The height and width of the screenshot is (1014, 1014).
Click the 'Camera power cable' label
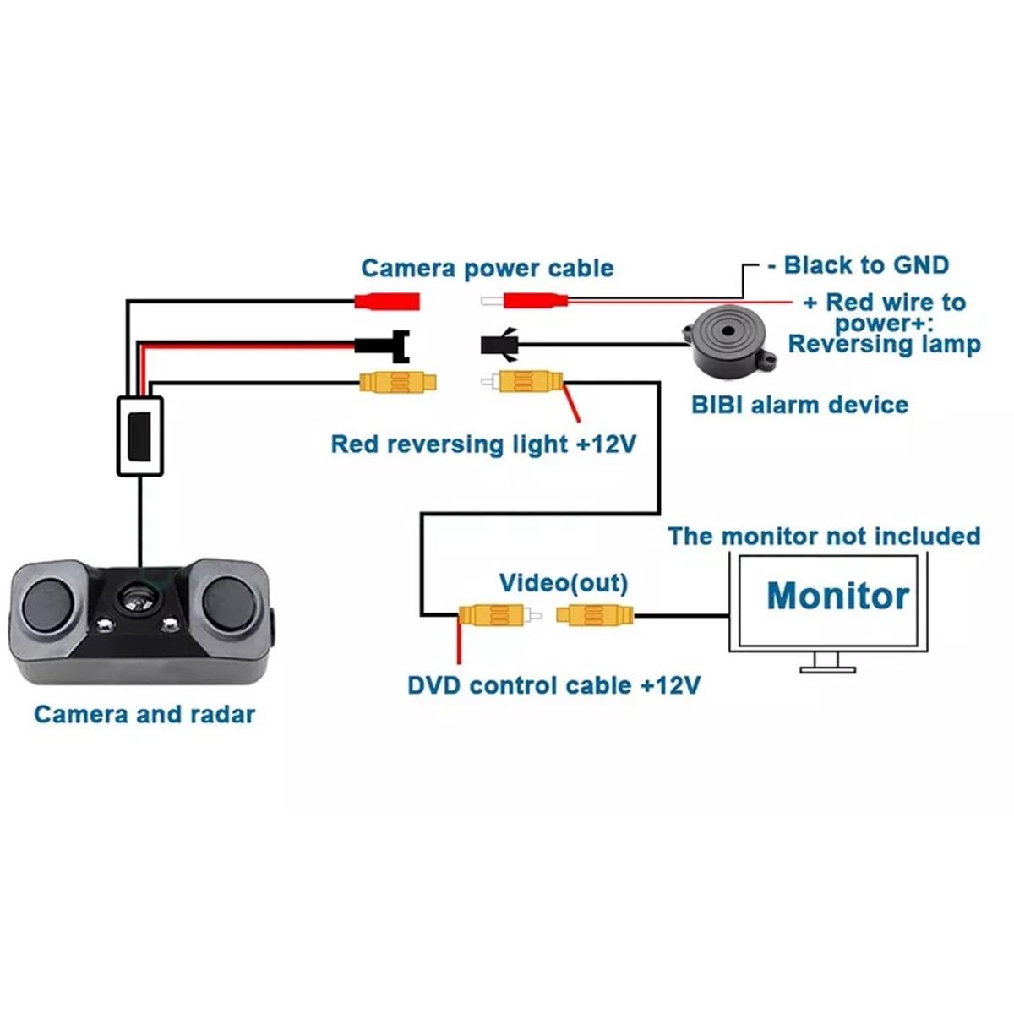click(487, 269)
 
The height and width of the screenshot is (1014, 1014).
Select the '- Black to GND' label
click(858, 265)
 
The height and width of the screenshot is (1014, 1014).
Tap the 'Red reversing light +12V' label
click(482, 444)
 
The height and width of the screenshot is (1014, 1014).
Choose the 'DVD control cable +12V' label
click(553, 684)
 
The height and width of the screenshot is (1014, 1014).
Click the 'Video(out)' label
click(563, 582)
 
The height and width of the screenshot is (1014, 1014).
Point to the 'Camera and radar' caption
click(144, 714)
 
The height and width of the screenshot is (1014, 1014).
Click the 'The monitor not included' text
click(824, 537)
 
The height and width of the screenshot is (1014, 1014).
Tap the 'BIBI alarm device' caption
click(799, 405)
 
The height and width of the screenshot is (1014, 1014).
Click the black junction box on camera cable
click(139, 436)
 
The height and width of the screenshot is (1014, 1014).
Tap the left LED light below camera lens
click(105, 626)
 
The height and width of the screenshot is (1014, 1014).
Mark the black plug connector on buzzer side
click(498, 344)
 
